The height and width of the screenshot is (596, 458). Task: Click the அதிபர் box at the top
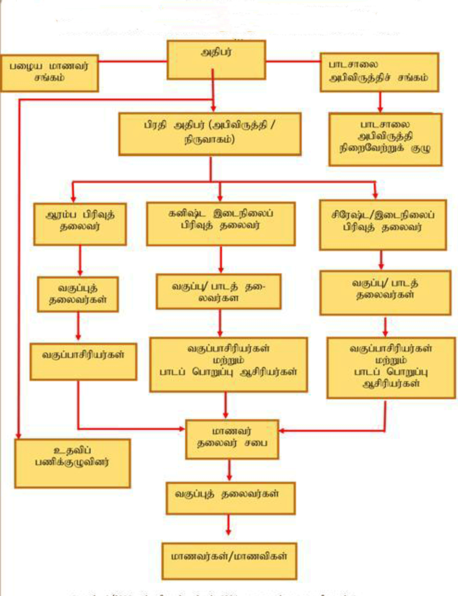pyautogui.click(x=216, y=59)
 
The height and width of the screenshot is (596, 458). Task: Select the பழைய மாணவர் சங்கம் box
pyautogui.click(x=49, y=73)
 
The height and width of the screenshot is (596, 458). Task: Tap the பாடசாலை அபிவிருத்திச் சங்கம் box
pyautogui.click(x=379, y=72)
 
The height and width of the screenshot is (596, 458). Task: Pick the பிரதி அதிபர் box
pyautogui.click(x=210, y=134)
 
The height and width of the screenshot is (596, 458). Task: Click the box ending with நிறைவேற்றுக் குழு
pyautogui.click(x=385, y=139)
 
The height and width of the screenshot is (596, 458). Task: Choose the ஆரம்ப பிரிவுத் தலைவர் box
pyautogui.click(x=80, y=224)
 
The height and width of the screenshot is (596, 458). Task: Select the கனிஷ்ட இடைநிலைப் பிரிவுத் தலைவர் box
pyautogui.click(x=220, y=223)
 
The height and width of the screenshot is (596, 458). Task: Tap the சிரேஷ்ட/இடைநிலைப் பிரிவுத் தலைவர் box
pyautogui.click(x=382, y=225)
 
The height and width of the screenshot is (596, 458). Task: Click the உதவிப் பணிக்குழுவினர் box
pyautogui.click(x=72, y=463)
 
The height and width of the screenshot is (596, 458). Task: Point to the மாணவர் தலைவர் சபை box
pyautogui.click(x=232, y=439)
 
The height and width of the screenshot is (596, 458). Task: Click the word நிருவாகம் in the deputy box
pyautogui.click(x=209, y=140)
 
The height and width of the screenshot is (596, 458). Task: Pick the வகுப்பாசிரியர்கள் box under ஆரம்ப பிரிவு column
pyautogui.click(x=83, y=361)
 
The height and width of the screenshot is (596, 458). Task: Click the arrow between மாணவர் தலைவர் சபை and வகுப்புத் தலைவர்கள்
pyautogui.click(x=229, y=470)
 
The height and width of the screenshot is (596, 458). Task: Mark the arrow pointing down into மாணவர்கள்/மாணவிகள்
pyautogui.click(x=228, y=525)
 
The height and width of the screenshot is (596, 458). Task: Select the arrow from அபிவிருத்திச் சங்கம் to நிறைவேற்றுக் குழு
pyautogui.click(x=380, y=102)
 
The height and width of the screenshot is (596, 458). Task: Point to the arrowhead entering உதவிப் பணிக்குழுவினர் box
pyautogui.click(x=19, y=435)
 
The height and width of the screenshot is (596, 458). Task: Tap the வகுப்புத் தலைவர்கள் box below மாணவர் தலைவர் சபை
pyautogui.click(x=230, y=498)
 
